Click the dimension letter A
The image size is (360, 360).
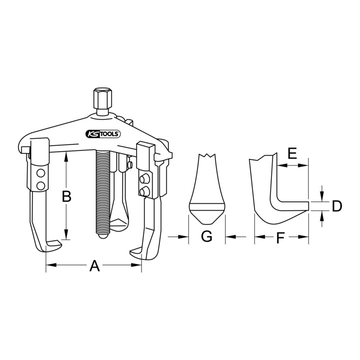coord(94,265)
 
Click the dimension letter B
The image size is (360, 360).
coord(66,196)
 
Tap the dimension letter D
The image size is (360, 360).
coord(337,205)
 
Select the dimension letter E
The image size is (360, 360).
coord(292,153)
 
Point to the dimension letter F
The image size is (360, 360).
coord(280,238)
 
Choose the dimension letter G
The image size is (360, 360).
coord(206,236)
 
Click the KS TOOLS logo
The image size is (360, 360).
coord(103,134)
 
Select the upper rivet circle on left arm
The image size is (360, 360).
coord(40,173)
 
